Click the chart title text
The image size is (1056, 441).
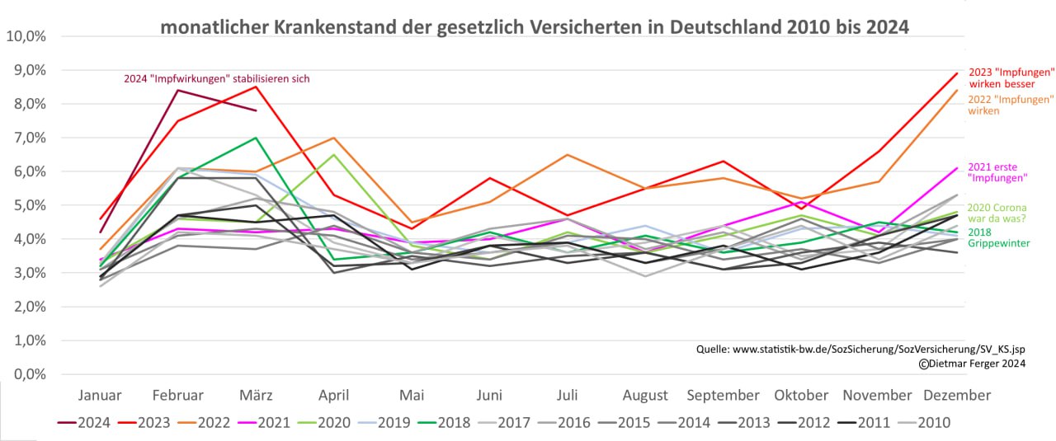(x=534, y=26)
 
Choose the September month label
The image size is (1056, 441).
(x=723, y=396)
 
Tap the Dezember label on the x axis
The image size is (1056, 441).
(x=957, y=396)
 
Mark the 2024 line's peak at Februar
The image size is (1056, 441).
(x=179, y=90)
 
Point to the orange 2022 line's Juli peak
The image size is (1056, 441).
(x=567, y=154)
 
